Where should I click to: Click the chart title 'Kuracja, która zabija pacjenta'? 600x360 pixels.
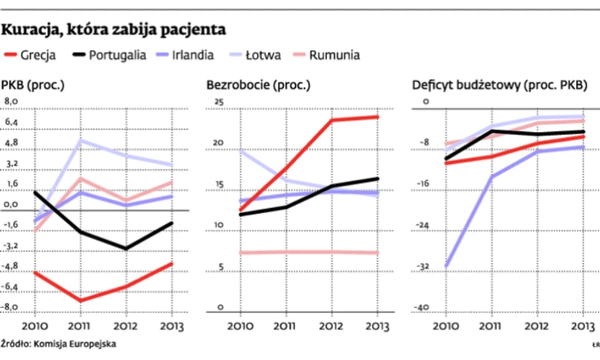click(x=113, y=31)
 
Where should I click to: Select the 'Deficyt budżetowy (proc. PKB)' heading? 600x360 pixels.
click(x=499, y=85)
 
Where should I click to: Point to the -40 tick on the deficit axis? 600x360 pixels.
click(x=422, y=307)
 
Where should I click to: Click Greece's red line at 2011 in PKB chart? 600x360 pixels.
click(x=80, y=300)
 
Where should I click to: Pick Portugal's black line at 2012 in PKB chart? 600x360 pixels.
click(x=127, y=249)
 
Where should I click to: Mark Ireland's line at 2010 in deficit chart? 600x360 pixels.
click(x=446, y=265)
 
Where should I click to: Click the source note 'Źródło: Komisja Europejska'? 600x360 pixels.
click(x=59, y=344)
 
